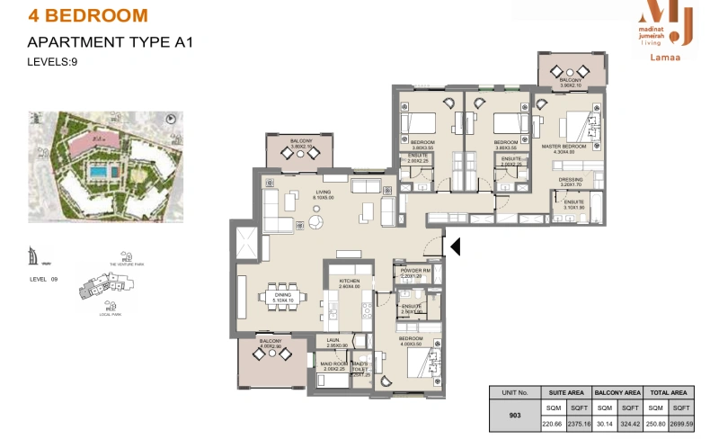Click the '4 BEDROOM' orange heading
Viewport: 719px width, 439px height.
click(88, 16)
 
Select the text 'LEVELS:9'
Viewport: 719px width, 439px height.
click(53, 61)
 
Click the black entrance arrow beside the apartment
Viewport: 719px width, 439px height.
click(455, 246)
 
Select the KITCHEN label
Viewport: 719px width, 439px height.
click(349, 282)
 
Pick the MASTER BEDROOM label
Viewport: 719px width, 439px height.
click(564, 146)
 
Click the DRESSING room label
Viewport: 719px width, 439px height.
click(570, 180)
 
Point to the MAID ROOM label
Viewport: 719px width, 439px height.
click(333, 363)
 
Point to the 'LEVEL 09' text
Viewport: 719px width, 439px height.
click(43, 280)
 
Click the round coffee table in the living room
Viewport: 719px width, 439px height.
click(317, 221)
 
